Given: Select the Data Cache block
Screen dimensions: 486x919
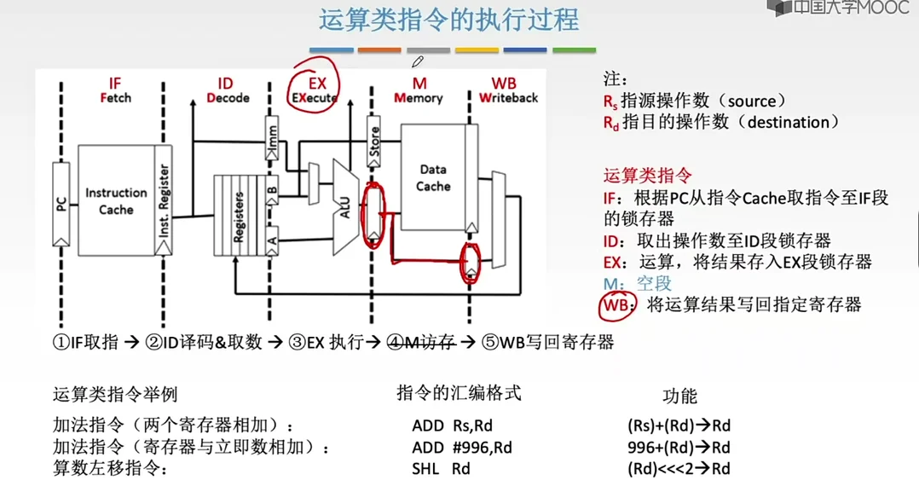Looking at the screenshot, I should pyautogui.click(x=433, y=177).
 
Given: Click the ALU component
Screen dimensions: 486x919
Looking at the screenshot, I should pyautogui.click(x=345, y=205).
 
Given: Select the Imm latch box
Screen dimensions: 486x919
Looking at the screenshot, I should pyautogui.click(x=272, y=147).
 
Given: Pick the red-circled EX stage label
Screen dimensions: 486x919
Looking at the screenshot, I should pyautogui.click(x=316, y=90).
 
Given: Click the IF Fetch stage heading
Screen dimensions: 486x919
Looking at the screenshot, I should pyautogui.click(x=115, y=90).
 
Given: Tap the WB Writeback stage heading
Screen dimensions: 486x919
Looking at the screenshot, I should pyautogui.click(x=508, y=90).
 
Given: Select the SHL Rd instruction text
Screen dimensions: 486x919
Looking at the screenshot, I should pyautogui.click(x=441, y=468).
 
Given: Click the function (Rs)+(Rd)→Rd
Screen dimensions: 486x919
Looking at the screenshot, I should pyautogui.click(x=678, y=425).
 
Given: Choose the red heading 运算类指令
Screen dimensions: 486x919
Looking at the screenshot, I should pyautogui.click(x=648, y=176).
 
